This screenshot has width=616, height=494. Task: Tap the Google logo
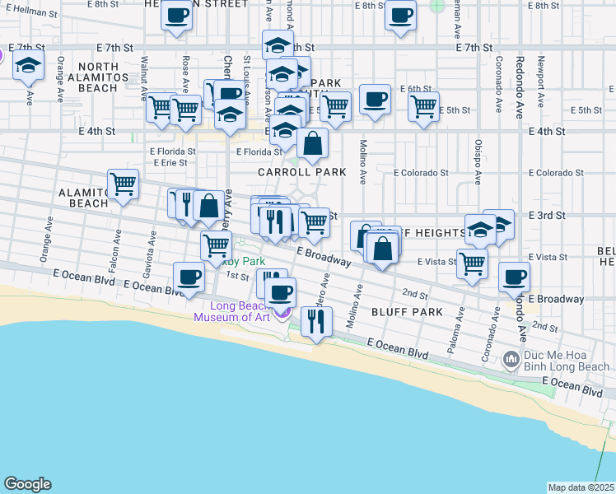pyautogui.click(x=27, y=484)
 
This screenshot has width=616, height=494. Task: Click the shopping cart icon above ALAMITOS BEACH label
pyautogui.click(x=123, y=185)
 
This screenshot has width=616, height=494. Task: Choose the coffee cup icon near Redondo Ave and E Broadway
pyautogui.click(x=515, y=277)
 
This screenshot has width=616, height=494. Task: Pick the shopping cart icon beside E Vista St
pyautogui.click(x=472, y=263)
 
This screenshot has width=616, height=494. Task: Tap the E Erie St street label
pyautogui.click(x=170, y=162)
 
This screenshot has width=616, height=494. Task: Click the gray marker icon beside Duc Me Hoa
pyautogui.click(x=511, y=358)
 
